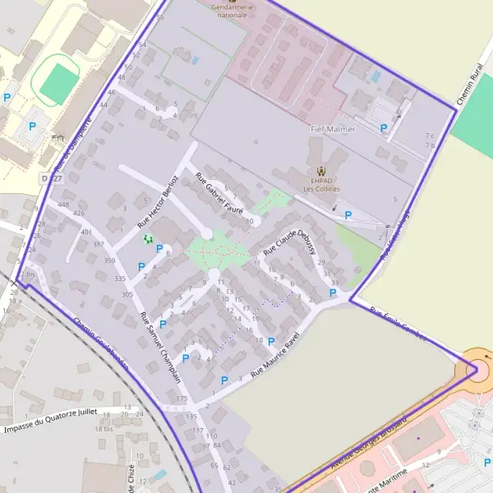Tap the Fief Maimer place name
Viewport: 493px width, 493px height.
click(x=333, y=129)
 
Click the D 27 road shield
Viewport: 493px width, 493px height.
click(x=51, y=178)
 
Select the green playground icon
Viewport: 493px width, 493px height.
click(x=148, y=238)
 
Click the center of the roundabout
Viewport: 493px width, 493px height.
click(x=478, y=369)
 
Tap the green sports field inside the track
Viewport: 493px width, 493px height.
click(x=57, y=82)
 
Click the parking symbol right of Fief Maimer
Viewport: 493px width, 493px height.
click(x=384, y=128)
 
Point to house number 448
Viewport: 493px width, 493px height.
click(x=64, y=205)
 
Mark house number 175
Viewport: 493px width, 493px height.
click(x=182, y=399)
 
